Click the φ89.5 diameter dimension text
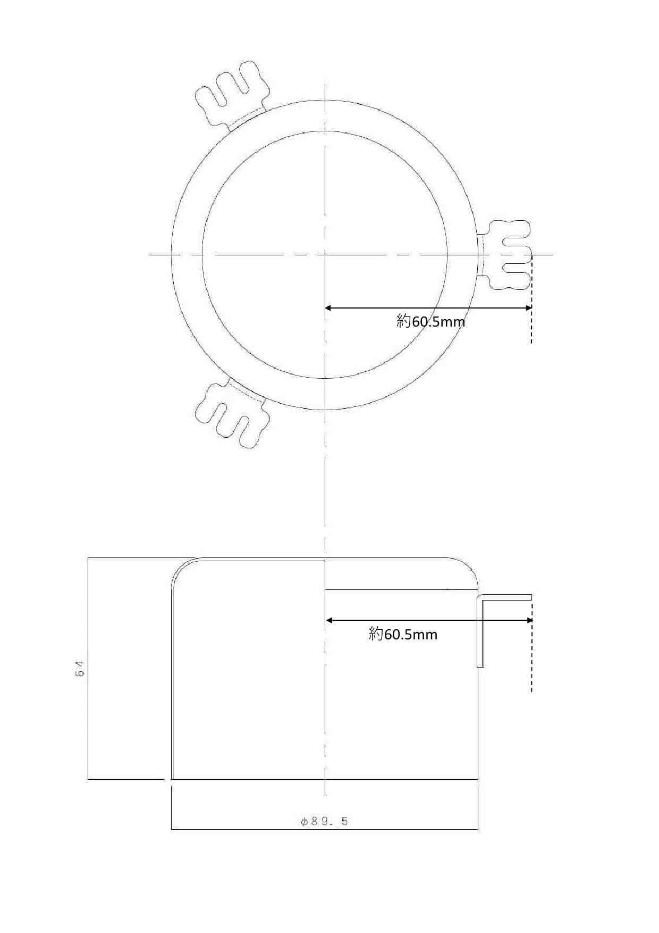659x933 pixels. pyautogui.click(x=324, y=821)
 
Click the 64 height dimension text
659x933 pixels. pyautogui.click(x=80, y=669)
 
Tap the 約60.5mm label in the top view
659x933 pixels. pyautogui.click(x=430, y=321)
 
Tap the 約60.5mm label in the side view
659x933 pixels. pyautogui.click(x=403, y=634)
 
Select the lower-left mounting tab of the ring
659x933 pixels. pyautogui.click(x=232, y=413)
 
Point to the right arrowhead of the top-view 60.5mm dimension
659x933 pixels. pyautogui.click(x=528, y=308)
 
